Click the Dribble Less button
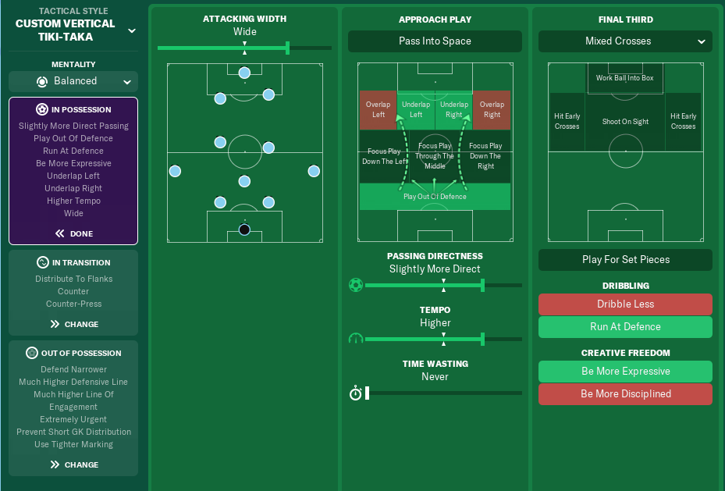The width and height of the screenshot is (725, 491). click(x=625, y=304)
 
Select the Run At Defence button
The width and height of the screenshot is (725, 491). click(x=625, y=327)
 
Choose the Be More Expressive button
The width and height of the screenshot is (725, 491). click(x=625, y=372)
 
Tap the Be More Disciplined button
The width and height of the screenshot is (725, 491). click(x=625, y=394)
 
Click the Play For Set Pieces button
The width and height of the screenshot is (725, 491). click(x=625, y=260)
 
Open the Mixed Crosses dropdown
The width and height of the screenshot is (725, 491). click(x=625, y=41)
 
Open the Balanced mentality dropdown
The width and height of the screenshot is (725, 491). click(x=73, y=81)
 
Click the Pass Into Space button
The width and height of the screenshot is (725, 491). click(x=435, y=41)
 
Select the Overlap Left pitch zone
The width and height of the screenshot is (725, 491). click(x=378, y=109)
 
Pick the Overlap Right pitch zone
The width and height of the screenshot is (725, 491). click(x=492, y=109)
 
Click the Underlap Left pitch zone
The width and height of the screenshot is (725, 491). click(x=416, y=109)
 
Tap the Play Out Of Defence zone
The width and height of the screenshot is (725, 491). click(x=435, y=197)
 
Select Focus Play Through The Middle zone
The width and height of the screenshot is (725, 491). click(x=435, y=156)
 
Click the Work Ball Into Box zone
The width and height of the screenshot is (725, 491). click(x=625, y=78)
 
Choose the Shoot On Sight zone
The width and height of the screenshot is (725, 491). click(x=625, y=122)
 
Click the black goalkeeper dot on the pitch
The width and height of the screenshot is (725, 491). click(x=244, y=229)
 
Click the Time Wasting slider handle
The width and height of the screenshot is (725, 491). click(x=367, y=393)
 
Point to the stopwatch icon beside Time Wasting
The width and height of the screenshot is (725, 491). click(x=356, y=393)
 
